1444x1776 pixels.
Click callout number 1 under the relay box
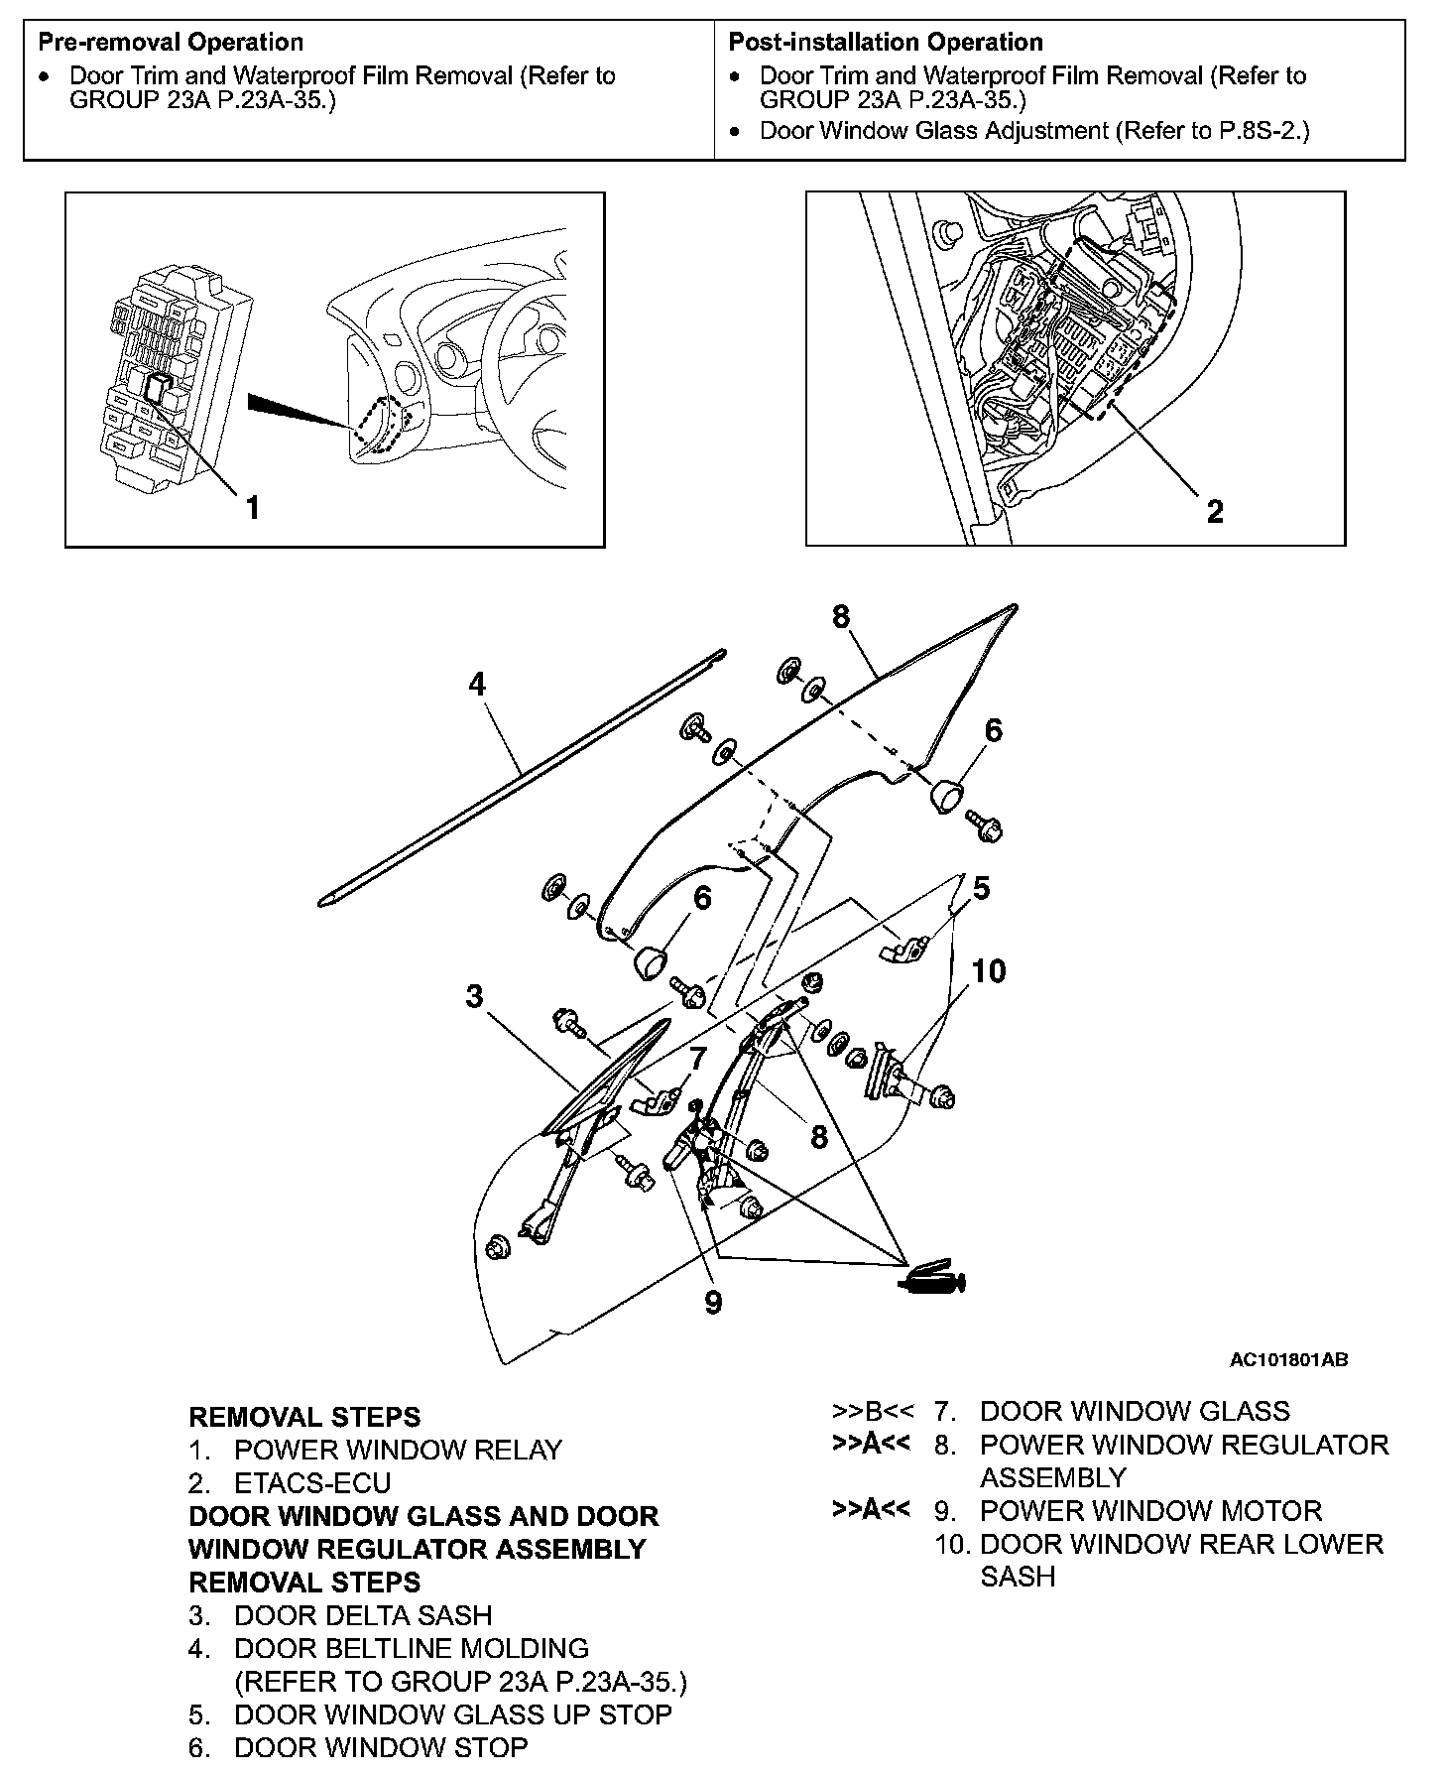(x=253, y=508)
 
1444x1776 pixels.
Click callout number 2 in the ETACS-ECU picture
(x=1215, y=512)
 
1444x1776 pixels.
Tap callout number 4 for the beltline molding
(x=478, y=685)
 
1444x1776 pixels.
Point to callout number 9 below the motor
(x=713, y=1303)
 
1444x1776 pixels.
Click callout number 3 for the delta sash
(x=475, y=996)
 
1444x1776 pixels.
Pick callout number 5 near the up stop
(x=982, y=888)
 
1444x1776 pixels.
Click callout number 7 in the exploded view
(x=698, y=1059)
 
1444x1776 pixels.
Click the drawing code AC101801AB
(x=1288, y=1360)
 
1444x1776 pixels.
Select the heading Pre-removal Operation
(x=170, y=43)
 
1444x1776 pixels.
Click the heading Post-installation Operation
(x=886, y=43)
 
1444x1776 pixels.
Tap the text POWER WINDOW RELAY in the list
(x=398, y=1450)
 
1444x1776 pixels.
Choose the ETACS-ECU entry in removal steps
(x=312, y=1482)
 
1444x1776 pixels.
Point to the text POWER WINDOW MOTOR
(x=1150, y=1510)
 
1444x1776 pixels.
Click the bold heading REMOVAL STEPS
(x=304, y=1417)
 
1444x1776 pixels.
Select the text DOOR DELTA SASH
(x=363, y=1615)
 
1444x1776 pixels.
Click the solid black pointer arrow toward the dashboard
(x=298, y=410)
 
